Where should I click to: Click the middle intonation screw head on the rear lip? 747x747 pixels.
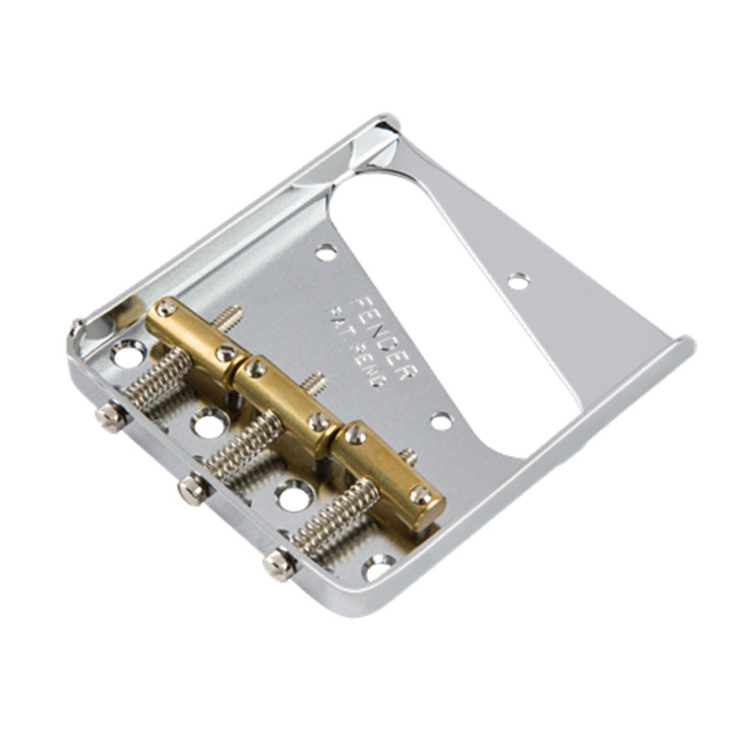point(193,491)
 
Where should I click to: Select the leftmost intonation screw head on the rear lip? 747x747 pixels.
point(110,415)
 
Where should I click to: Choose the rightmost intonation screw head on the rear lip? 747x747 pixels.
point(280,564)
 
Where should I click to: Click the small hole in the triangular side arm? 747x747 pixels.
point(519,281)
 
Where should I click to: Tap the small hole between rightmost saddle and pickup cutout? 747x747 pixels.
point(442,422)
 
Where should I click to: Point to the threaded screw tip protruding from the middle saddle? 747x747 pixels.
point(314,383)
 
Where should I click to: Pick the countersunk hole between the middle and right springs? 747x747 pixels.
point(295,496)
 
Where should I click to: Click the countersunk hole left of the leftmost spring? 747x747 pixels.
point(128,356)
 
